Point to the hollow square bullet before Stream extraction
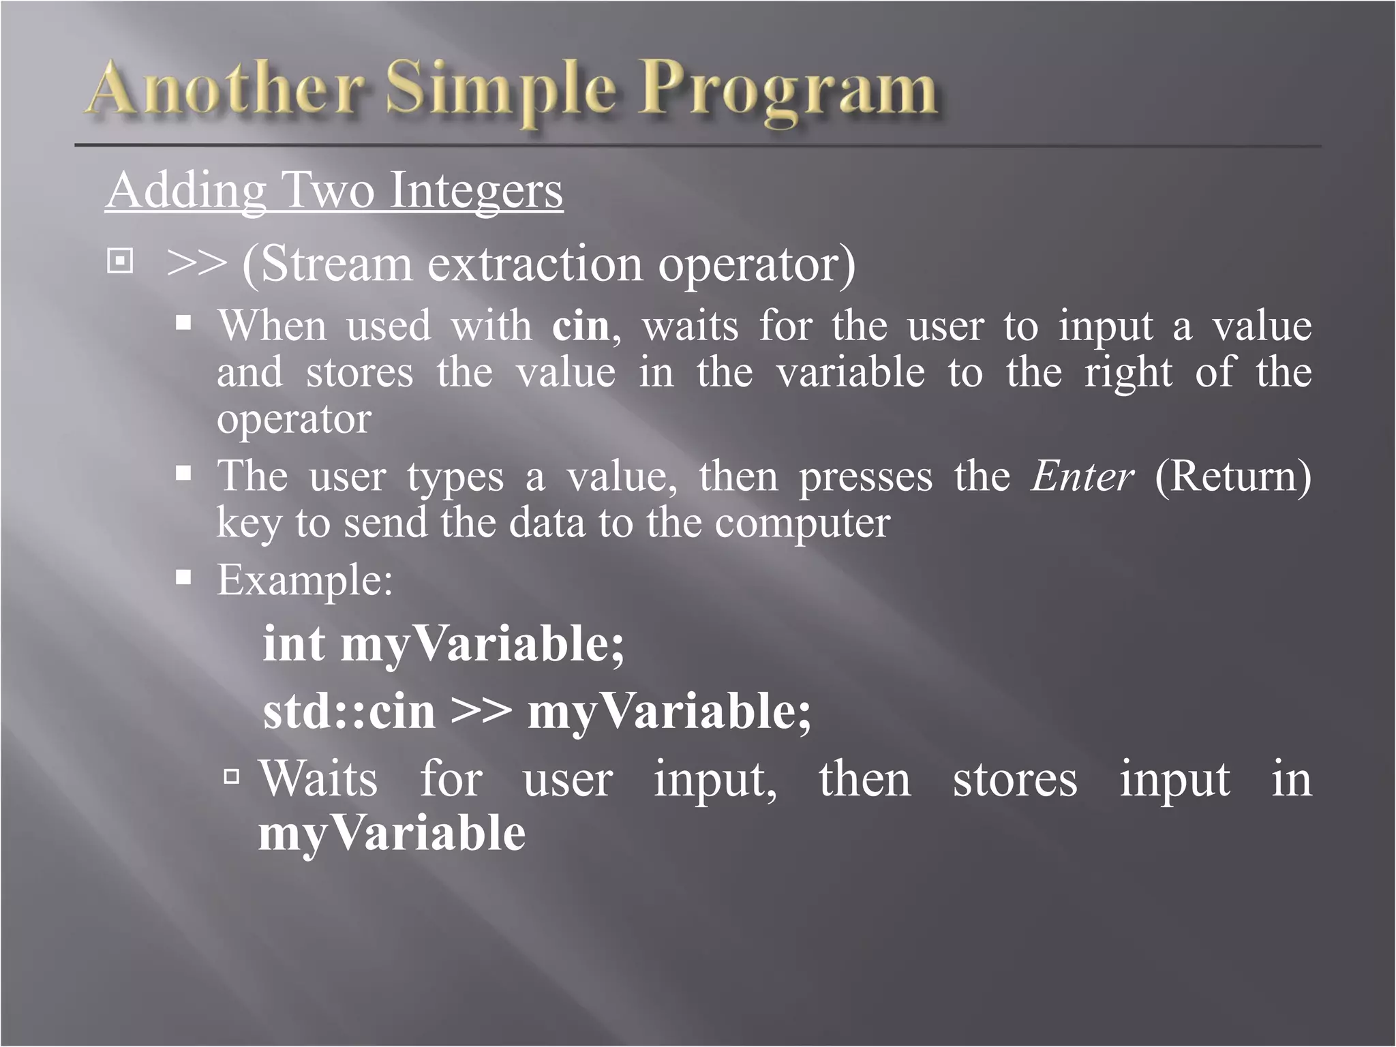click(120, 261)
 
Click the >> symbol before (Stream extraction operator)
click(196, 264)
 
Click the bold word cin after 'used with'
click(581, 326)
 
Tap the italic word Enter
click(1082, 476)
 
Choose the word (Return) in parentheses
click(1232, 476)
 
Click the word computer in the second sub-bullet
click(802, 523)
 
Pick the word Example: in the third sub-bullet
click(305, 581)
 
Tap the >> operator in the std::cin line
click(481, 711)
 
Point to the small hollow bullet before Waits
click(232, 776)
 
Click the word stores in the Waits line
click(1014, 778)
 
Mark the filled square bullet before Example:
click(183, 578)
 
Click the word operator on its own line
click(294, 419)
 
